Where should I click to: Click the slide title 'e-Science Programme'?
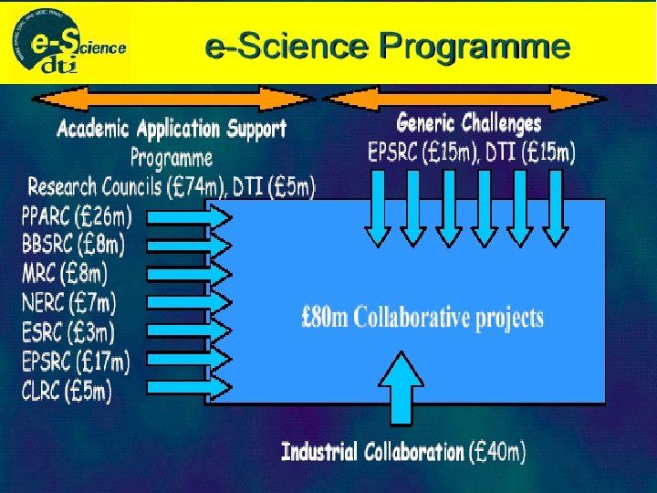[x=388, y=45]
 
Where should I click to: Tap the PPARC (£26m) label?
[x=76, y=217]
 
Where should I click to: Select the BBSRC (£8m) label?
[x=73, y=245]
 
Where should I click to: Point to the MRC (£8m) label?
[x=64, y=272]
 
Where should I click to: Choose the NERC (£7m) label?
[x=68, y=300]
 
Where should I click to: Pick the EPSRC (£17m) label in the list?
[x=75, y=361]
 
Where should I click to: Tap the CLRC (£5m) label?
[x=66, y=391]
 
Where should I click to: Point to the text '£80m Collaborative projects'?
[x=422, y=318]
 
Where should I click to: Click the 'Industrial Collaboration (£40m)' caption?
[x=402, y=451]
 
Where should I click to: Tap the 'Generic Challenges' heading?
[x=468, y=122]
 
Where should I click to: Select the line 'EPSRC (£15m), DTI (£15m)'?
[x=471, y=152]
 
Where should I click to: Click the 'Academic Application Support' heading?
[x=172, y=129]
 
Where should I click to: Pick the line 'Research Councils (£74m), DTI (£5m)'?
[x=172, y=187]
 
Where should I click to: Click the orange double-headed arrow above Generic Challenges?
[x=464, y=97]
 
